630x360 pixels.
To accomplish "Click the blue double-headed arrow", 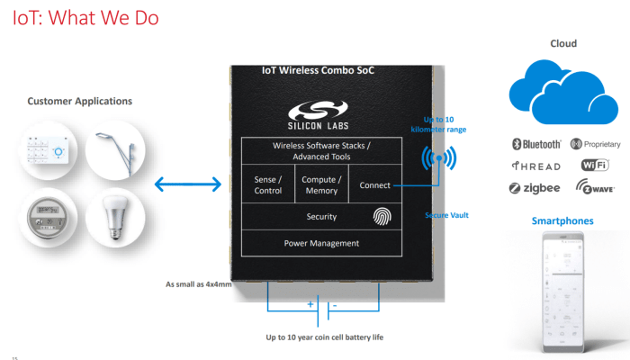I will pos(187,184).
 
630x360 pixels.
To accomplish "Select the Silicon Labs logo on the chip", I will pos(320,115).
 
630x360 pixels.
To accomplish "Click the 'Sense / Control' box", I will pos(267,184).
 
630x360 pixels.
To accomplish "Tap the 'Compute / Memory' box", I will pos(319,184).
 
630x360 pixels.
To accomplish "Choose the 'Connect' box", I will pos(374,185).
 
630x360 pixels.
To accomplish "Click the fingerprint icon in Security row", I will pos(382,216).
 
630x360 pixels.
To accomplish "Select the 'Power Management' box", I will pos(321,243).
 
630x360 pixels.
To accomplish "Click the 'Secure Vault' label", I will pos(446,215).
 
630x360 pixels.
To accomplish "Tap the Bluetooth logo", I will pos(535,144).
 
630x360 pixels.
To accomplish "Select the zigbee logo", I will pos(535,188).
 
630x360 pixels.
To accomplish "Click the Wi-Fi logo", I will pos(595,166).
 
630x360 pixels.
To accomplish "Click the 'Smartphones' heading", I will pos(562,220).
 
